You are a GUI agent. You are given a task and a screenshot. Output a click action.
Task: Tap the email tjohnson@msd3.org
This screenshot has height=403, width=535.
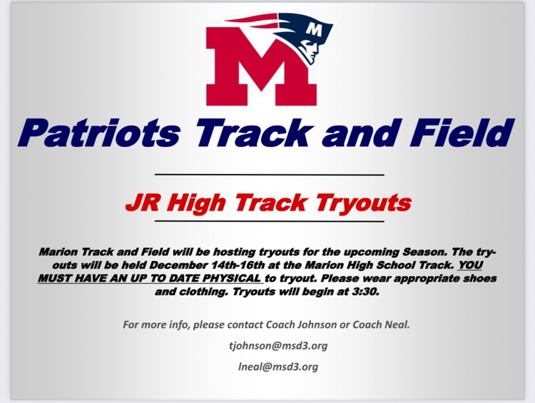click(267, 346)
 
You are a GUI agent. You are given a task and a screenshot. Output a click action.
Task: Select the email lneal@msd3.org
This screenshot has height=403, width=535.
click(267, 367)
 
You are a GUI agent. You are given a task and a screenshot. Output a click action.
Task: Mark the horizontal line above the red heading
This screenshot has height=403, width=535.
click(269, 174)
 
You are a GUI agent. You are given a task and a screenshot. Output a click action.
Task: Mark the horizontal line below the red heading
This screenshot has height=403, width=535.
click(269, 222)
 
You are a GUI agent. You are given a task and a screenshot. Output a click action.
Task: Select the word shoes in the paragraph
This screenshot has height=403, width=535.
click(479, 278)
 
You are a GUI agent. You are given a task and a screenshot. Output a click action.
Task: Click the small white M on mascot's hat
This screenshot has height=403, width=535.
click(315, 29)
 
